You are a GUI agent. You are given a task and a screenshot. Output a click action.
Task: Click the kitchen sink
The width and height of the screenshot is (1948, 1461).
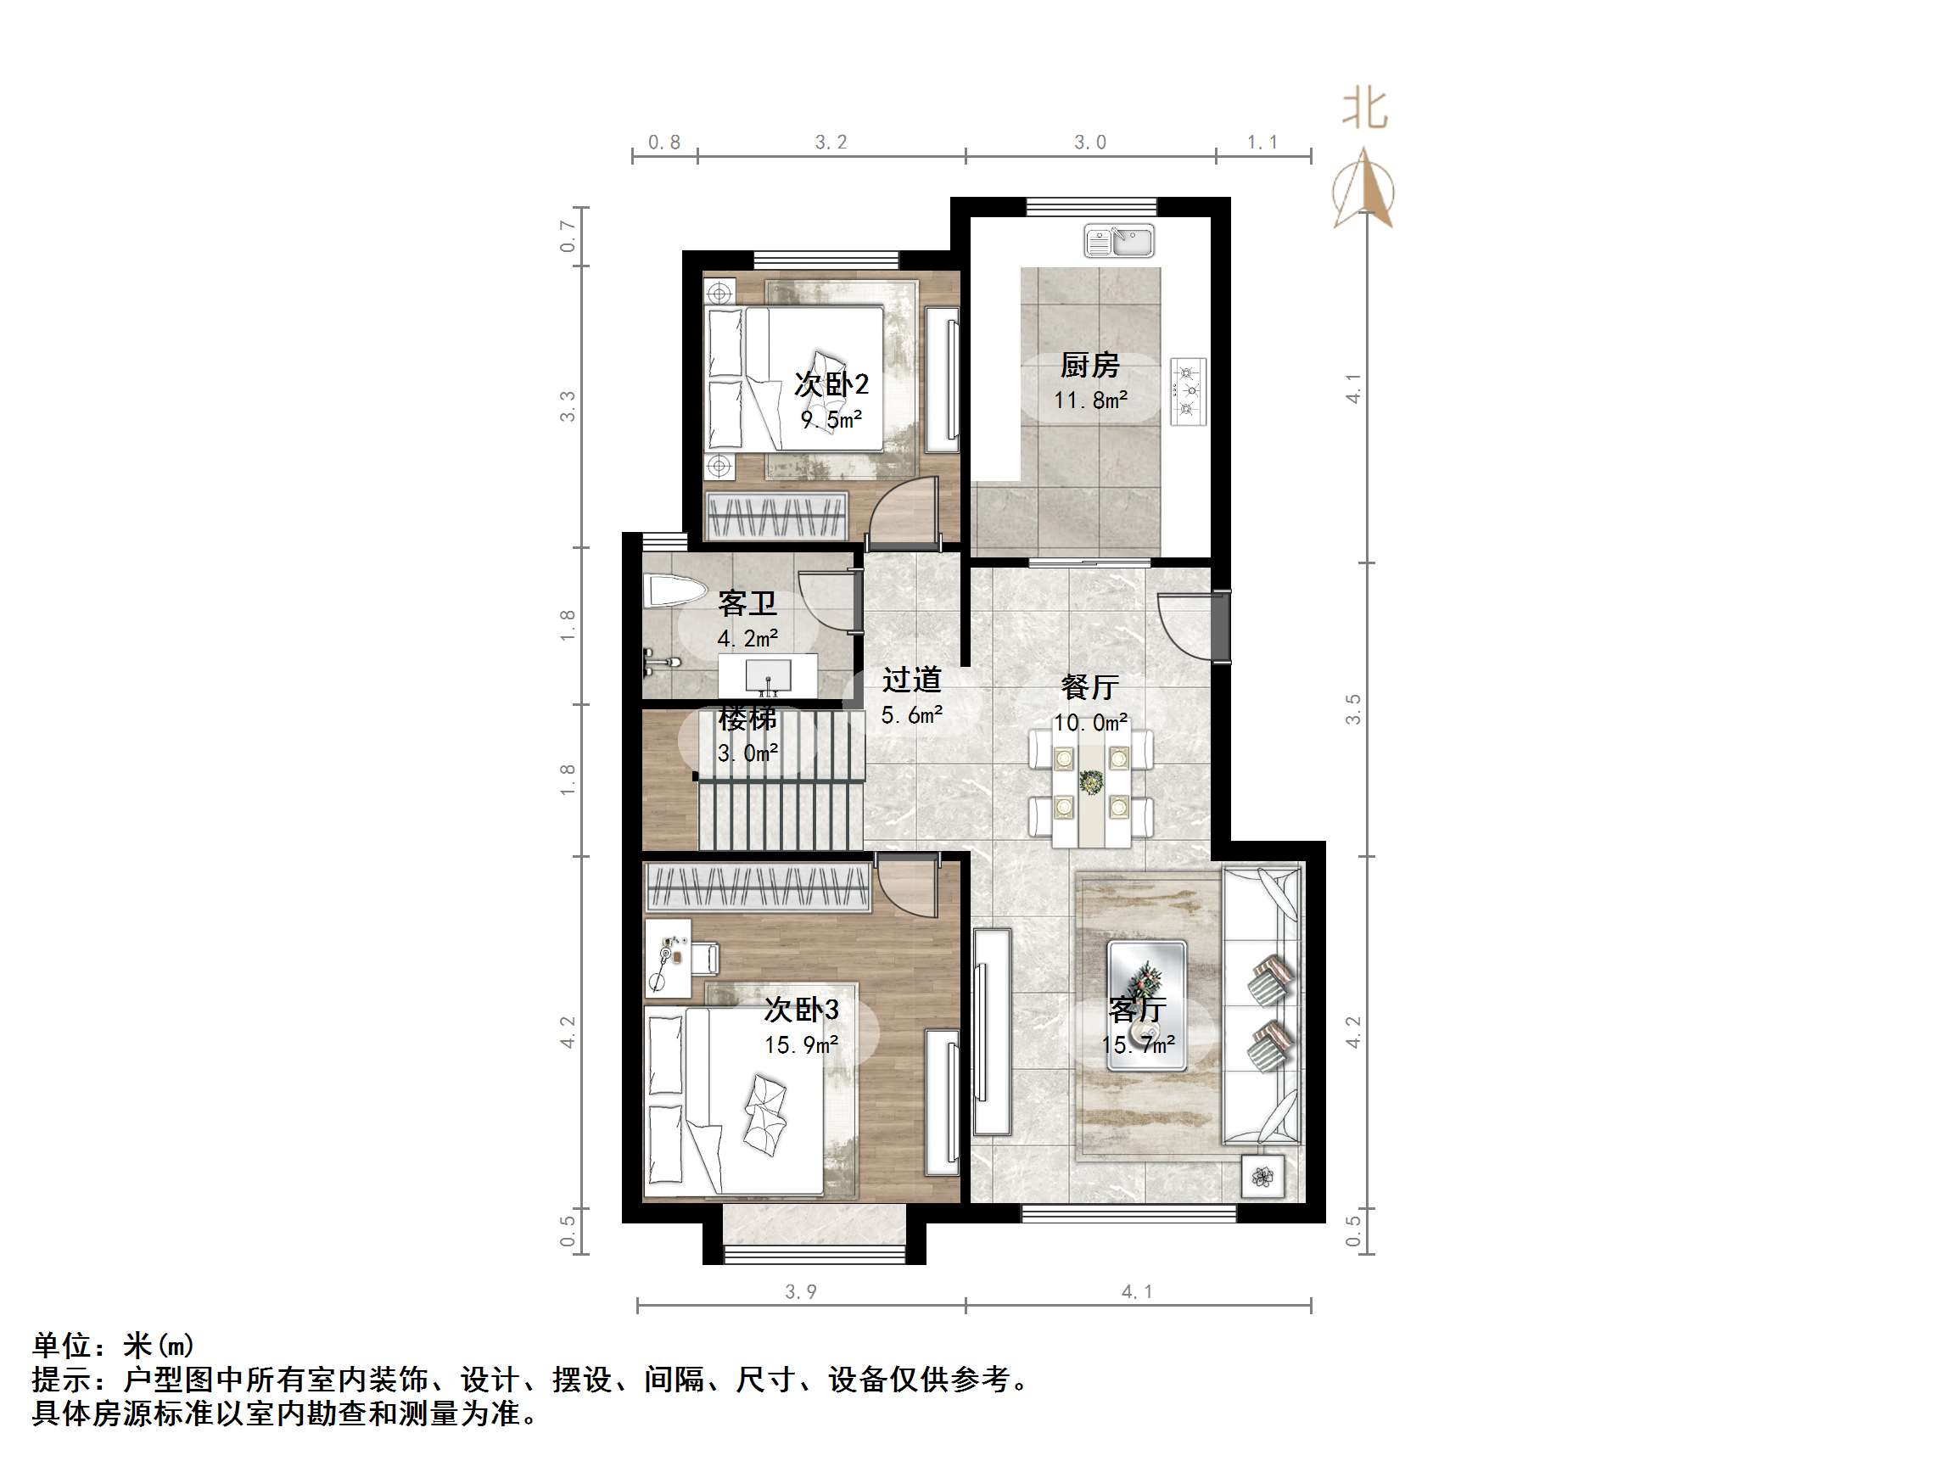(x=1118, y=241)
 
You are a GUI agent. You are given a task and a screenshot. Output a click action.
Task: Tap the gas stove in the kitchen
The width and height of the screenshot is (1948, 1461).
(x=1188, y=391)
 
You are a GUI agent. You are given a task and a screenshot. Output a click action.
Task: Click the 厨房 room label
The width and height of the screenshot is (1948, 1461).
(x=1089, y=365)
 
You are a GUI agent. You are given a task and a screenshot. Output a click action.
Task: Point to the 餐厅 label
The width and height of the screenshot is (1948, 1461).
(x=1090, y=687)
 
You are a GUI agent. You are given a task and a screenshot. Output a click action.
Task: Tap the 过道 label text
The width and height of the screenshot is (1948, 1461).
(x=911, y=680)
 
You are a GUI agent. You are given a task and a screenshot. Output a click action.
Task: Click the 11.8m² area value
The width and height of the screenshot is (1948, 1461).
(x=1090, y=400)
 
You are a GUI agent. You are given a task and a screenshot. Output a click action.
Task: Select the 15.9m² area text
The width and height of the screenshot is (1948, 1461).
(x=801, y=1045)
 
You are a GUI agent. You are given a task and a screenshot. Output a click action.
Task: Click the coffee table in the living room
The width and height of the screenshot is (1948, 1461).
(x=1145, y=1005)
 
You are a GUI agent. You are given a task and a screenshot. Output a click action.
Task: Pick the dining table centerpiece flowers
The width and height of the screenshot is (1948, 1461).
(x=1091, y=781)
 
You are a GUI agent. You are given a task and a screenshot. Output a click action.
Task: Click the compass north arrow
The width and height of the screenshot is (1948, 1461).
(x=1363, y=189)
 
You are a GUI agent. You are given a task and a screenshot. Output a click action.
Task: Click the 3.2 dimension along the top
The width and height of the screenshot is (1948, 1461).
(x=831, y=143)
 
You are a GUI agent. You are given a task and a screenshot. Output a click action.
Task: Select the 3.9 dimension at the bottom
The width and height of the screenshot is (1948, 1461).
(x=801, y=1292)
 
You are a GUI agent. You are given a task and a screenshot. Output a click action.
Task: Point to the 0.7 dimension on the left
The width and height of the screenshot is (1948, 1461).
(x=568, y=236)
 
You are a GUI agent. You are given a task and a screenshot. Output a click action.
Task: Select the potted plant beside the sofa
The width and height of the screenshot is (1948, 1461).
(x=1262, y=1176)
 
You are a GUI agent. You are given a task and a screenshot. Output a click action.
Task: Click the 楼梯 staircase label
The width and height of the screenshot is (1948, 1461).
(x=747, y=719)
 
